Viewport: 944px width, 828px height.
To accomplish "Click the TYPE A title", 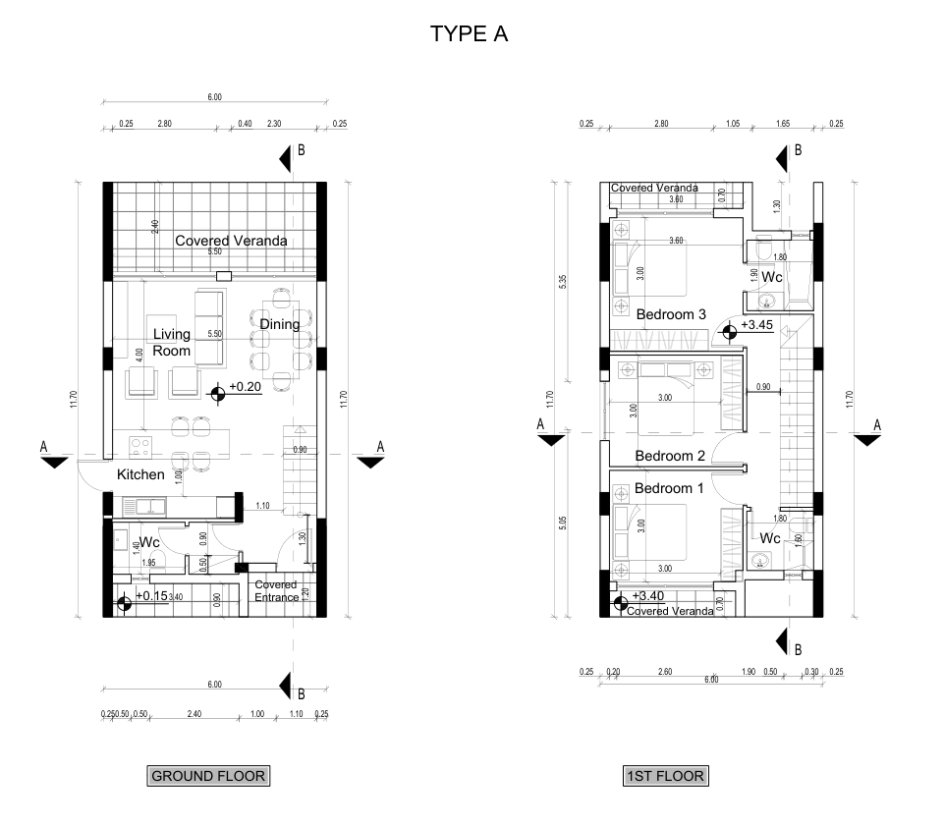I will (469, 34).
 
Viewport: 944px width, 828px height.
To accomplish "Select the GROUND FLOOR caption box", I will (208, 776).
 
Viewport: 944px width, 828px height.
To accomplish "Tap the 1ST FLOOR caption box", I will (665, 776).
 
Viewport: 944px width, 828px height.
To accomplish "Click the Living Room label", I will (171, 343).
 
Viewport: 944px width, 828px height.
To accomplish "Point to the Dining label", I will (280, 324).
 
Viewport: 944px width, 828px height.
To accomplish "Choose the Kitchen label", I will (140, 474).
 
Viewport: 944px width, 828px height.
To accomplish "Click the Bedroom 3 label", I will (671, 314).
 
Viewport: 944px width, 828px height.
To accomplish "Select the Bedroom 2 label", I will (670, 456).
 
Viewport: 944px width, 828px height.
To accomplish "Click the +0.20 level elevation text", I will (246, 387).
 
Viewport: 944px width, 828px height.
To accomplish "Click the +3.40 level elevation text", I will (648, 596).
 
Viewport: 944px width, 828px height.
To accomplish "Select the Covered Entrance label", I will (276, 591).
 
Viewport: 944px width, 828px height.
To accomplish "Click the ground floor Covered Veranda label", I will (231, 241).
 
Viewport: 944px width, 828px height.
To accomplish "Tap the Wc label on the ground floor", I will (149, 542).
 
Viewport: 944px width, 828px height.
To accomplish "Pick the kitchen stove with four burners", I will (139, 449).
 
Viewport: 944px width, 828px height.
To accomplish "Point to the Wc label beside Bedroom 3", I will (771, 277).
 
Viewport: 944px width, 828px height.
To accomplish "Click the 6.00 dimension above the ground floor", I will (215, 97).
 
